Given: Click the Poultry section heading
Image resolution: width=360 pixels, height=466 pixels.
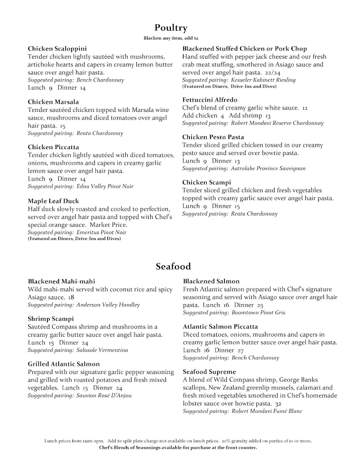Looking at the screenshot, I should coord(171,28).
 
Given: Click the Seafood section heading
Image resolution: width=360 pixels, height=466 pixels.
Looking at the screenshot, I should coord(173,266).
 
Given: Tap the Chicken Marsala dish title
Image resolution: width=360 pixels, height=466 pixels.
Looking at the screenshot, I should coord(53,102).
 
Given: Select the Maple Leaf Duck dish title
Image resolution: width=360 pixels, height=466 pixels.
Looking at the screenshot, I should coord(53,201).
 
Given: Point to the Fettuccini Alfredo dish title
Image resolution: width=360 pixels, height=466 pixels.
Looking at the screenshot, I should coord(210,100).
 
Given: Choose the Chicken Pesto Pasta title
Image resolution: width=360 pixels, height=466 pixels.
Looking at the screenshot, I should coord(213,137).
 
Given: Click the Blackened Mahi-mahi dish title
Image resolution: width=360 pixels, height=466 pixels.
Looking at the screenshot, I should coord(61,281).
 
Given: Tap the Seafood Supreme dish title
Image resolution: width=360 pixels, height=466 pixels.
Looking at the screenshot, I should coord(209,372).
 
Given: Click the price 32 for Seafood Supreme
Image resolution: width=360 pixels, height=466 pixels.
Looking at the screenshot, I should coord(278,403).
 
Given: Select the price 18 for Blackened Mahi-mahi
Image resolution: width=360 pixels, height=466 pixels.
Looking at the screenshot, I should coord(71,297).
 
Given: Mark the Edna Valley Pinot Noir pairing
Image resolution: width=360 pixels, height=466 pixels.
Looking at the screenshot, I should coord(105,186).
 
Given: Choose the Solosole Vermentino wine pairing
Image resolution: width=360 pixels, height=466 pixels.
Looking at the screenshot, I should coord(102,350).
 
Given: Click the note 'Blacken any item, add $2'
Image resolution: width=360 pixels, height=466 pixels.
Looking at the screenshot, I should coord(171,38).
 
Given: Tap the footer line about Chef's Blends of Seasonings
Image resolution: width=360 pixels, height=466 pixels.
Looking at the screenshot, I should coord(178,448).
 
